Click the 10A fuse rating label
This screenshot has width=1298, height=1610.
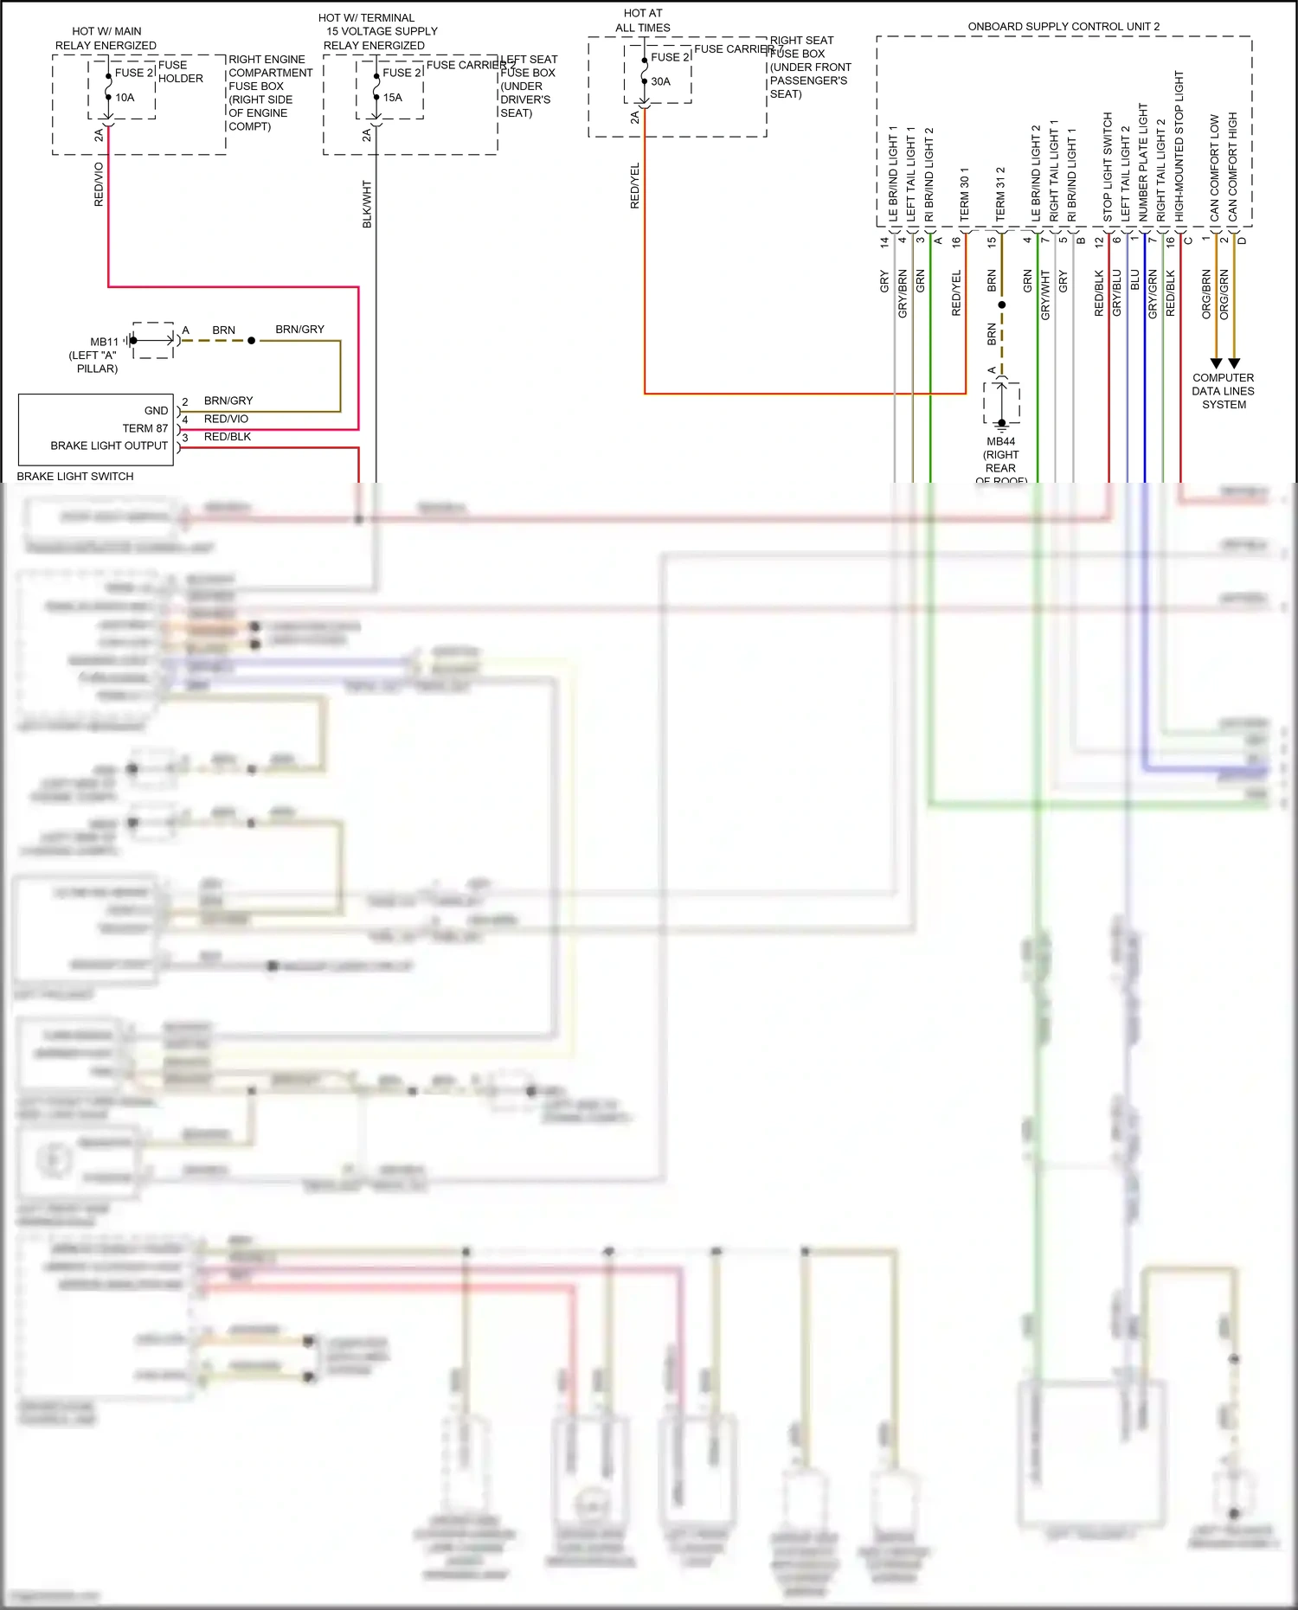point(125,98)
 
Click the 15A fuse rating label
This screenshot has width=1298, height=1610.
point(393,98)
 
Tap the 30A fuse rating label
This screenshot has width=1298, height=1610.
point(660,82)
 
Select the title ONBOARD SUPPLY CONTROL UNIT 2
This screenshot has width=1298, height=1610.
point(1063,27)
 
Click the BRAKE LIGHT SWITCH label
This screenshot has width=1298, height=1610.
point(75,477)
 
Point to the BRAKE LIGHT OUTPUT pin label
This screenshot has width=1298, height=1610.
point(109,446)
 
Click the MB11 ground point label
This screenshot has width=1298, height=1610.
point(104,343)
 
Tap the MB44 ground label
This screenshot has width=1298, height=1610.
point(1001,442)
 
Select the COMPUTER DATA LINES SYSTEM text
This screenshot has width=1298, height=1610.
point(1223,391)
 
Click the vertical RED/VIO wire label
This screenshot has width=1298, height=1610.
point(99,183)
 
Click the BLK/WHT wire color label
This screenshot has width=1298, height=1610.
point(367,204)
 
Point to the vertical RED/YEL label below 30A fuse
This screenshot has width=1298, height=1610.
point(635,185)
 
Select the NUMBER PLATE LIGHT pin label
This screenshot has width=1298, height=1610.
point(1143,162)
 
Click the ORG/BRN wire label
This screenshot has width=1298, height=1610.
point(1206,294)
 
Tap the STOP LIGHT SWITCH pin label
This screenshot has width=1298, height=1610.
point(1108,166)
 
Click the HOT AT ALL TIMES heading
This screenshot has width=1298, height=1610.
point(643,21)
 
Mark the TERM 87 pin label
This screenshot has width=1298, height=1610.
point(145,428)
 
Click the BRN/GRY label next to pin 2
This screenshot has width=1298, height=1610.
point(228,401)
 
